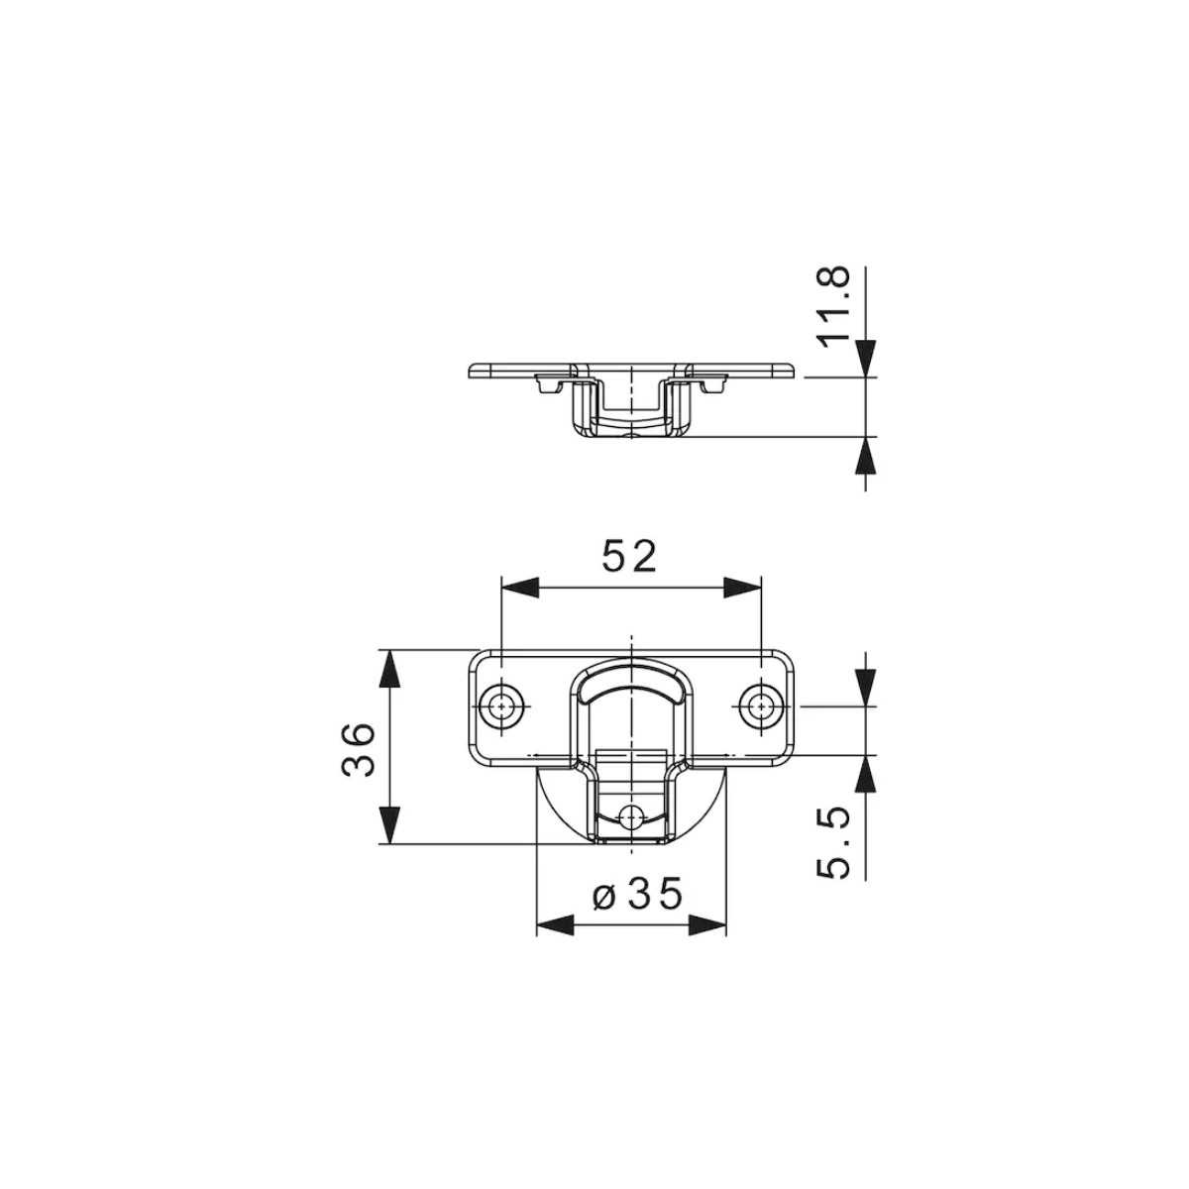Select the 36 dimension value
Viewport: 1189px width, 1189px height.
[x=358, y=749]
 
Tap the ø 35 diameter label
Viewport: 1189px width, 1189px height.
[x=637, y=894]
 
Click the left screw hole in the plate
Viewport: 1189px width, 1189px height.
[x=503, y=704]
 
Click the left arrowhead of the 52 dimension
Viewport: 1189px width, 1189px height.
[x=520, y=587]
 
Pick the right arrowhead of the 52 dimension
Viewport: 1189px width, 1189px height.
[x=743, y=587]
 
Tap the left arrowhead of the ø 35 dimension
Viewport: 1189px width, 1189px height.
[x=555, y=941]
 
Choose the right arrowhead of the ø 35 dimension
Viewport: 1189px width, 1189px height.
[x=707, y=941]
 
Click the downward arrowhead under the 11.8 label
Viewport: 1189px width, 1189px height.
[x=866, y=359]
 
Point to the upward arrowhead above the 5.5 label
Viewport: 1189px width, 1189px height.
[x=866, y=774]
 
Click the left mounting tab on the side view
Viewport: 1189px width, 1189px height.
[x=549, y=383]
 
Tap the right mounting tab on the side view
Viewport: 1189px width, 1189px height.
[x=712, y=383]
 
